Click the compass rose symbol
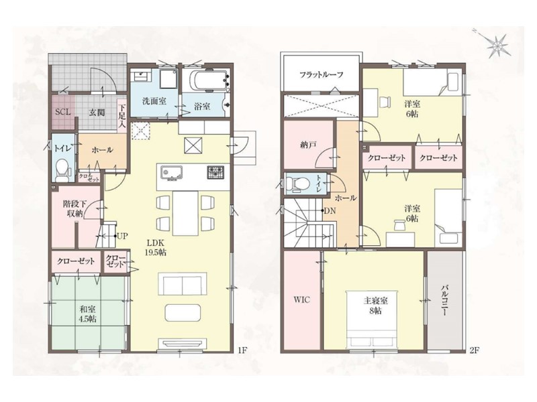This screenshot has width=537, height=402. pos(497,44)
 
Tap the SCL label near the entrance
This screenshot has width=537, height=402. pos(63,112)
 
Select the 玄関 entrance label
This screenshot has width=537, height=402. pos(97,112)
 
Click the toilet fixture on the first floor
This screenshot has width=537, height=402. pos(62,170)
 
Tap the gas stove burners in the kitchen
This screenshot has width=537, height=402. pos(215,172)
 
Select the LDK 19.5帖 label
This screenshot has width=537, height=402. pos(156,248)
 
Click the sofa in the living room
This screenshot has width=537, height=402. pos(183,283)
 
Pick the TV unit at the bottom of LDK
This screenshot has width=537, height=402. pos(183,343)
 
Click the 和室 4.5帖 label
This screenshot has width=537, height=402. pos(88,314)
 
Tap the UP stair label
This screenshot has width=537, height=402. pos(122,236)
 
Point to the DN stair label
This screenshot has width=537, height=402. pos(330,211)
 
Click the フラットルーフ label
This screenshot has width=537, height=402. pos(322,75)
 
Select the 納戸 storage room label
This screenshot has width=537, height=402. pos(308,145)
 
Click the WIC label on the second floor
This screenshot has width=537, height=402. pos(301,299)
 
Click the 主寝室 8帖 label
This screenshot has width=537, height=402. pos(376,306)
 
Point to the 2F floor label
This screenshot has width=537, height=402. pos(474,350)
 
